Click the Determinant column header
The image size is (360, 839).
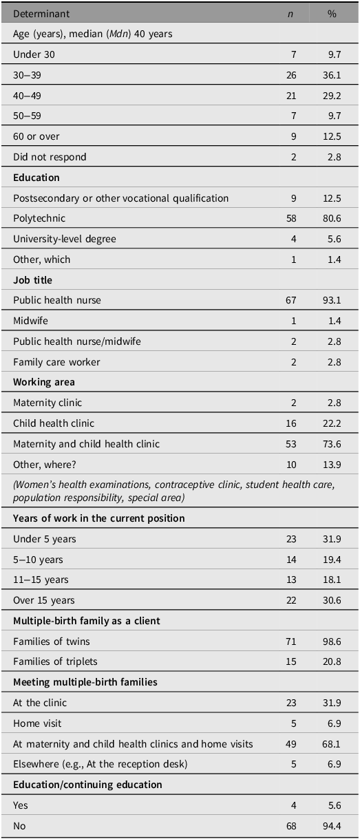pyautogui.click(x=41, y=14)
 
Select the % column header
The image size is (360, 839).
pyautogui.click(x=332, y=14)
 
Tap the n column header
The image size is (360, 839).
pyautogui.click(x=290, y=14)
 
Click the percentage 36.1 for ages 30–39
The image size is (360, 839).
pyautogui.click(x=332, y=75)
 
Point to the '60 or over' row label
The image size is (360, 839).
pyautogui.click(x=36, y=136)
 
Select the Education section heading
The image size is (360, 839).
pyautogui.click(x=36, y=178)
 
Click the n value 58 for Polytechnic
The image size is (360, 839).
pyautogui.click(x=291, y=218)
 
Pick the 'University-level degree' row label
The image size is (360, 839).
pyautogui.click(x=65, y=239)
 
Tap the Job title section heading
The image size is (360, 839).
pyautogui.click(x=32, y=280)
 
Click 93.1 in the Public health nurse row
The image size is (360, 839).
pyautogui.click(x=332, y=300)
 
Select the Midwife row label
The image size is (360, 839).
pyautogui.click(x=30, y=321)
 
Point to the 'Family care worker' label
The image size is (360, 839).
pyautogui.click(x=56, y=362)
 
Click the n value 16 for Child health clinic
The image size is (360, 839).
pyautogui.click(x=291, y=423)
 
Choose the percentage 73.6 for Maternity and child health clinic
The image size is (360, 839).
pyautogui.click(x=332, y=444)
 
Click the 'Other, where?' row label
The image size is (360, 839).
pyautogui.click(x=45, y=465)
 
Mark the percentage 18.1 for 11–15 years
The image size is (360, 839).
pyautogui.click(x=332, y=580)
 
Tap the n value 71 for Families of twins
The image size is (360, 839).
pyautogui.click(x=291, y=641)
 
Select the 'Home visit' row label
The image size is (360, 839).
pyautogui.click(x=37, y=723)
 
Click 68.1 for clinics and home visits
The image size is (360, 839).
pyautogui.click(x=332, y=744)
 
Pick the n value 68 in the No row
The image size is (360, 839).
pyautogui.click(x=291, y=825)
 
